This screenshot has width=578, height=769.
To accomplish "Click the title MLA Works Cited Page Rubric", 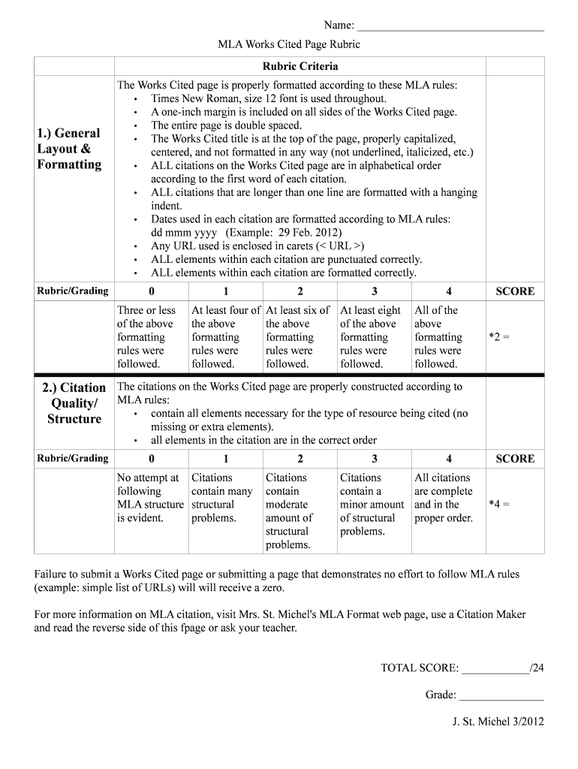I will click(x=289, y=44).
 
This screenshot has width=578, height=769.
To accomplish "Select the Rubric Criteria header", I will click(x=300, y=66).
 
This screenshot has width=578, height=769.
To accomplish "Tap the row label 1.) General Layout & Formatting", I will click(x=70, y=149).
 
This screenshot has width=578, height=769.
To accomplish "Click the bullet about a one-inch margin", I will click(x=303, y=112).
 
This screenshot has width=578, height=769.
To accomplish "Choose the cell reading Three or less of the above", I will click(x=147, y=336).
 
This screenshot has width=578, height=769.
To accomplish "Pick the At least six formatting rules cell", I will click(x=298, y=336).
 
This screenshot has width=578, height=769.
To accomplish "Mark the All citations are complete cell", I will click(x=444, y=497).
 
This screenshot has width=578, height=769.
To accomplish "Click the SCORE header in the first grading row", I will click(x=515, y=291).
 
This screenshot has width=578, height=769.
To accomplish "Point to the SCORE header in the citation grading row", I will click(x=515, y=459).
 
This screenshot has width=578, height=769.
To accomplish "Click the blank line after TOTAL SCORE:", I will click(x=495, y=668).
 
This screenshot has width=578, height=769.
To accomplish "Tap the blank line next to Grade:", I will click(x=501, y=695).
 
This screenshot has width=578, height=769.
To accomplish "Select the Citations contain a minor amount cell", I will click(x=372, y=504).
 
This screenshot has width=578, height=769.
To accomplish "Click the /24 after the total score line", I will click(x=537, y=668).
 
